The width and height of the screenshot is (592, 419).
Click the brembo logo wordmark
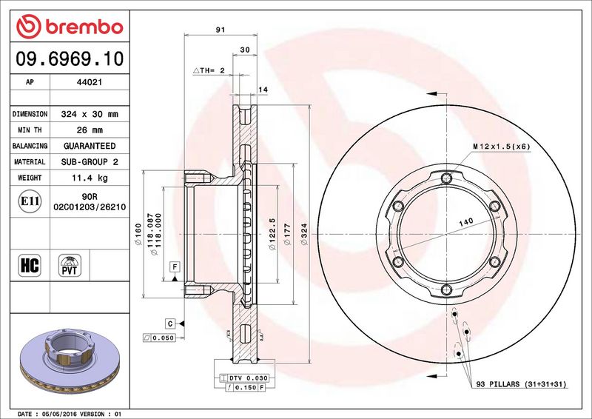[x=84, y=27]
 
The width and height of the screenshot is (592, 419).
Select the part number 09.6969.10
[x=70, y=59]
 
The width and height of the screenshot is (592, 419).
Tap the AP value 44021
[x=90, y=82]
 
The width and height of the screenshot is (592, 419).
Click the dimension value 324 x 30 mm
[x=90, y=114]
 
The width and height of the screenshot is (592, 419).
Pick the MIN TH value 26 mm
[x=90, y=130]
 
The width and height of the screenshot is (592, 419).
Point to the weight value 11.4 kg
[x=90, y=178]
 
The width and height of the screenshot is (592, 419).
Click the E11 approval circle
[x=30, y=201]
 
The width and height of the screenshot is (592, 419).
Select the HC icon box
[x=30, y=265]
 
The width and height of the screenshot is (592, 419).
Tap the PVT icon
[x=70, y=265]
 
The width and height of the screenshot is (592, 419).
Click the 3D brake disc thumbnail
[x=70, y=360]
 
